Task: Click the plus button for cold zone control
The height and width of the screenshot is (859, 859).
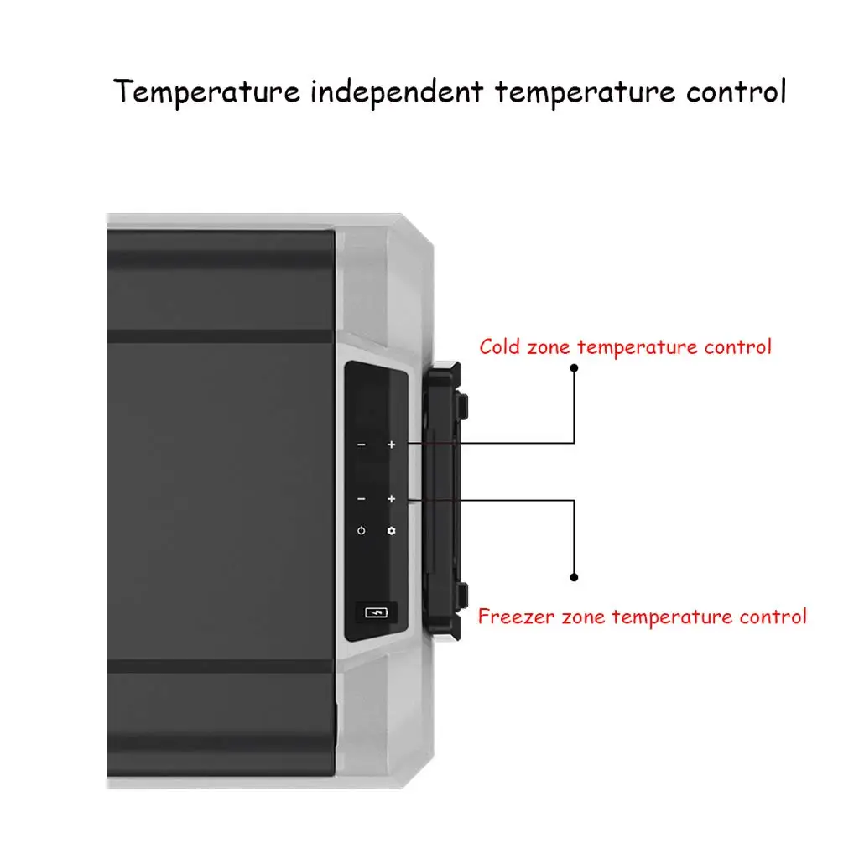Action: pos(391,444)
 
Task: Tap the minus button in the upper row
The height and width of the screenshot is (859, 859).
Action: pos(361,444)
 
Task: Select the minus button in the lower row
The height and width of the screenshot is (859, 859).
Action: pos(361,499)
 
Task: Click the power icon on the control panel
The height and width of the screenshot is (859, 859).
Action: pos(361,531)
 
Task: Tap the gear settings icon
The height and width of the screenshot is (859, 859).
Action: pos(391,531)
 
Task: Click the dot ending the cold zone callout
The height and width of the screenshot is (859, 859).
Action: pos(575,367)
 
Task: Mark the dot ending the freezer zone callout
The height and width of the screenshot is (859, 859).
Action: pos(575,577)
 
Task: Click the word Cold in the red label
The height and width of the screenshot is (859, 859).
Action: pos(501,346)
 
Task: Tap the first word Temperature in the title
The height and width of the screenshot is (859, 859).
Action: pos(206,91)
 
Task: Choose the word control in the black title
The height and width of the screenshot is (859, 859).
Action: pos(736,91)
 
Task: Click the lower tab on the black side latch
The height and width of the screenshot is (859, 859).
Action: pos(463,594)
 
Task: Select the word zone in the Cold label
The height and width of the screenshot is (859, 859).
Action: pos(549,346)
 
